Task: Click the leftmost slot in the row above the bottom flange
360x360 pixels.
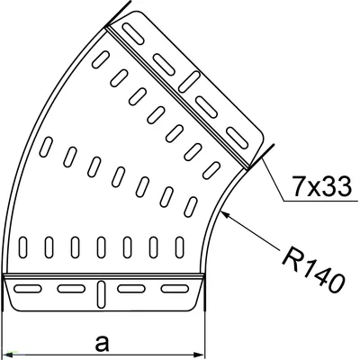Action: click(24, 246)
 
